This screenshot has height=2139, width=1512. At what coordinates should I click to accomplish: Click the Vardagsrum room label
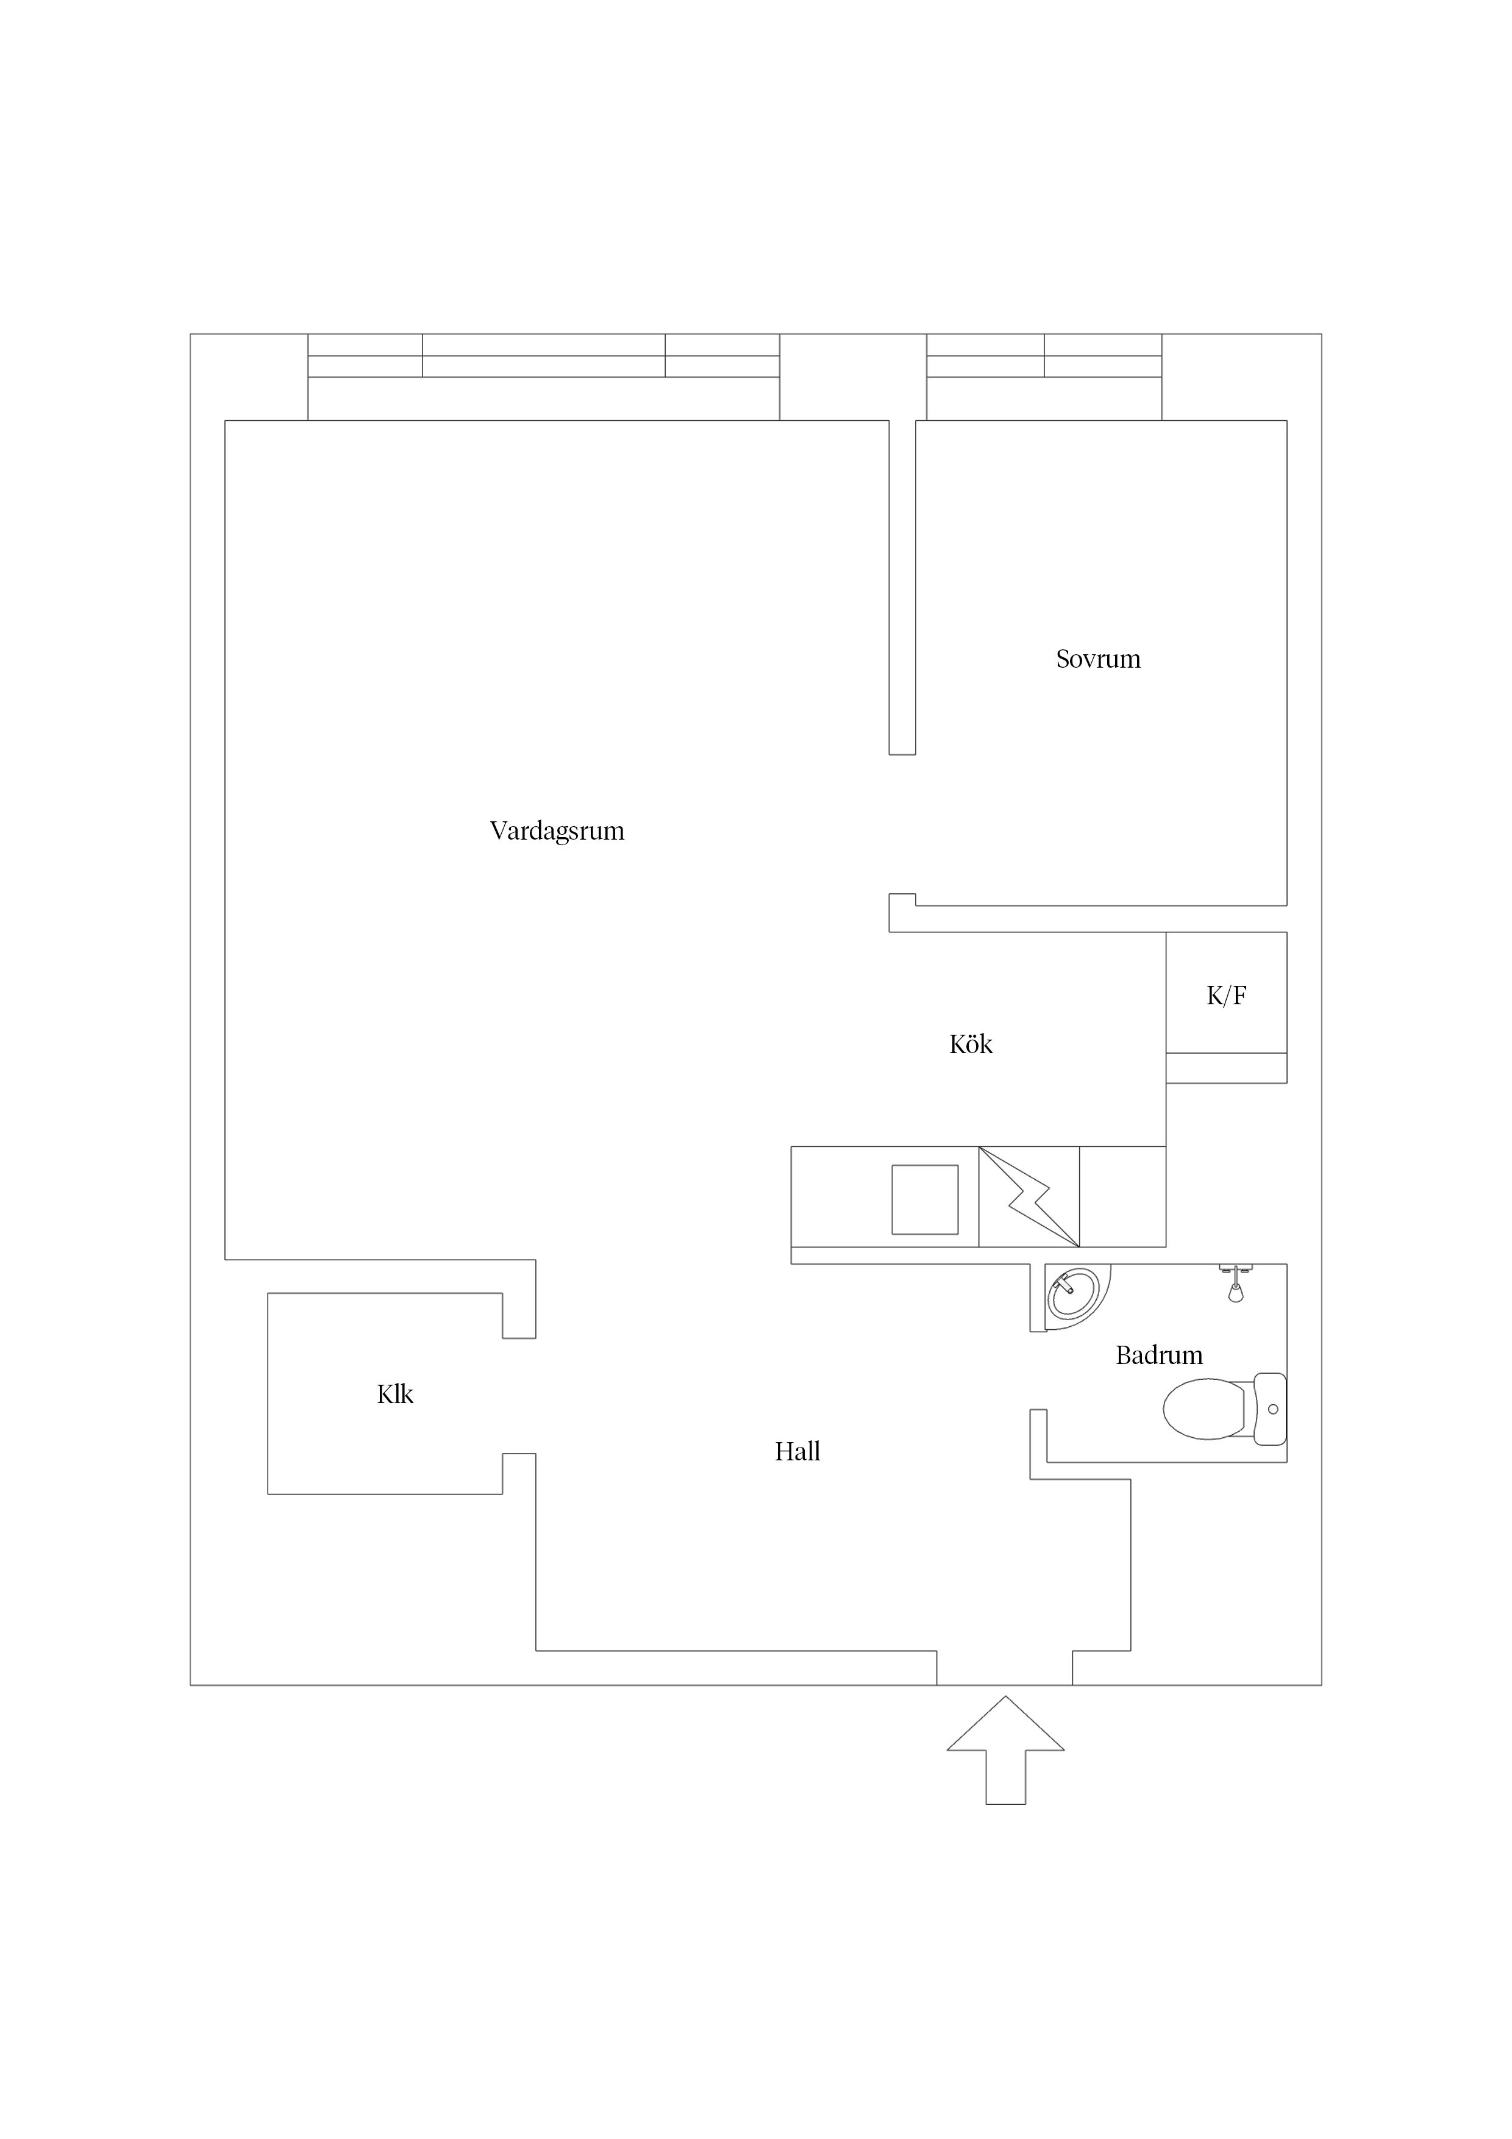557,831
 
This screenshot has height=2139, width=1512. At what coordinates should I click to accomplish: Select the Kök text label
971,1045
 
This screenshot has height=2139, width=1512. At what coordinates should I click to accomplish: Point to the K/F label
1226,996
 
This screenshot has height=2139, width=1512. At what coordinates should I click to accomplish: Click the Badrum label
1159,1355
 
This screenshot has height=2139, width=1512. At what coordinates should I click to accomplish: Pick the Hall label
797,1451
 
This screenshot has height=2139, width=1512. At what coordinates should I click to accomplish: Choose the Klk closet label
395,1394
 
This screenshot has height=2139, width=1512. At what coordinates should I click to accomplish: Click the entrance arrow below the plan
1005,1749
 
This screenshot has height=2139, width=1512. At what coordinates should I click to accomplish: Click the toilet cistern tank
1270,1409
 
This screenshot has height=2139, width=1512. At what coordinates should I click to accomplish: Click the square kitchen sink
925,1200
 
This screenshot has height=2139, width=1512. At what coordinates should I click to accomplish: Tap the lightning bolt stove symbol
1029,1197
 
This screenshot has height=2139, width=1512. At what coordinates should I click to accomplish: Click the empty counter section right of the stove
1122,1197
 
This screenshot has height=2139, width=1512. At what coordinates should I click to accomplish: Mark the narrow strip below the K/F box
1227,1068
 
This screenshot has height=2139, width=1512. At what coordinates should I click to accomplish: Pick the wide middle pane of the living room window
544,356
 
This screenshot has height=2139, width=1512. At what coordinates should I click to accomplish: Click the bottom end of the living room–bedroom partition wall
902,754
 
